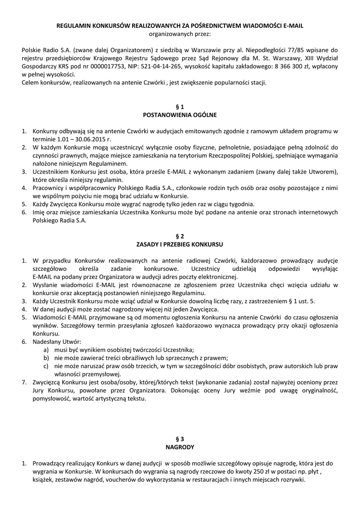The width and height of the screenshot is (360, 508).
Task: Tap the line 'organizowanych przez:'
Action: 180,34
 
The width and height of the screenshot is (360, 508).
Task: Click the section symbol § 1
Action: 180,106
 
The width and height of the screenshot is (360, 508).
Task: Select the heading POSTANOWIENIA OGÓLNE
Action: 180,115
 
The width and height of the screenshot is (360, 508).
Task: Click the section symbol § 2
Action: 180,236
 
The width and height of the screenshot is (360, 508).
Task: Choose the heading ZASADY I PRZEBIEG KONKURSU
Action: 180,244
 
